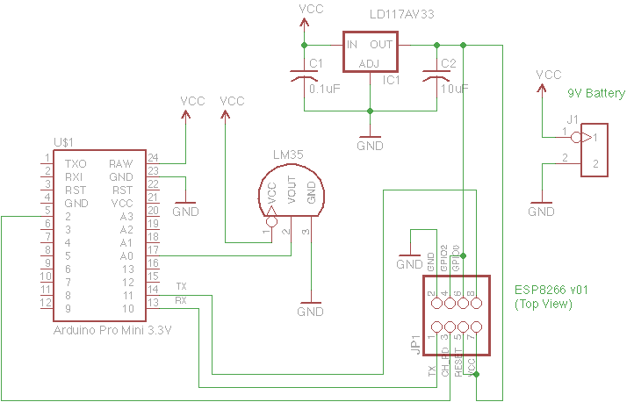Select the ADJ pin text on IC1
[x=370, y=63]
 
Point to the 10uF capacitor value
[x=454, y=89]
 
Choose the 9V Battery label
[x=596, y=93]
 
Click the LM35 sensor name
[x=289, y=155]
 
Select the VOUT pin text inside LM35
[x=291, y=197]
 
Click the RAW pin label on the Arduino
[x=120, y=164]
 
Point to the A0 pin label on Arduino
[x=126, y=255]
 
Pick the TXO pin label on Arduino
[x=76, y=164]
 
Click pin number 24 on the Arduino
[x=153, y=158]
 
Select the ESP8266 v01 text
[x=551, y=289]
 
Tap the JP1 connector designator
[x=415, y=342]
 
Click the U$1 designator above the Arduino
[x=63, y=141]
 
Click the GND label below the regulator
[x=370, y=146]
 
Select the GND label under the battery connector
[x=541, y=211]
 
